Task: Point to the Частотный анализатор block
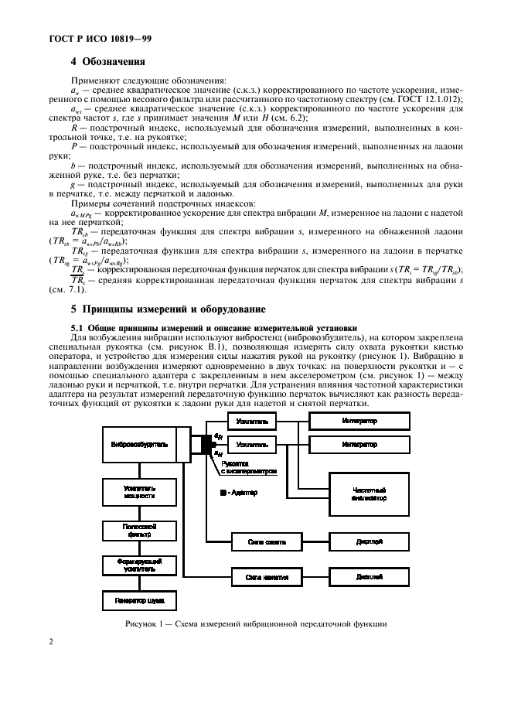click(369, 494)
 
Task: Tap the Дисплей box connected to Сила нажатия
click(369, 576)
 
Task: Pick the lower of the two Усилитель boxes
click(254, 445)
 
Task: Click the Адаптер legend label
click(240, 492)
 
